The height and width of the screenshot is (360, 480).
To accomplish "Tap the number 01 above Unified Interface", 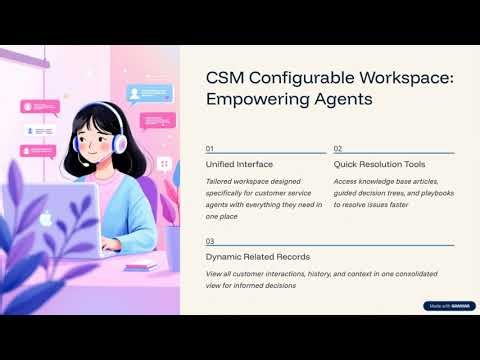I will (x=210, y=148).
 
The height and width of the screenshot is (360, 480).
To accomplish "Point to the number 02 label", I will (x=338, y=148).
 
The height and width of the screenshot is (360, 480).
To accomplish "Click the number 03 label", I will (x=210, y=241).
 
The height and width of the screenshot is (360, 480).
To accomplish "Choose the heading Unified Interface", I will (x=238, y=163).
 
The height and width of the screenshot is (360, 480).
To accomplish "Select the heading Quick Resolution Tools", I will (x=379, y=163).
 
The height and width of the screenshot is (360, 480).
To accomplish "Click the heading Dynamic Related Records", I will (x=257, y=257).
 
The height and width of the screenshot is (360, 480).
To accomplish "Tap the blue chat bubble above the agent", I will (x=150, y=94).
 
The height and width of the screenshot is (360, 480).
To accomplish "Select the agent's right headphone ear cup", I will (x=121, y=144).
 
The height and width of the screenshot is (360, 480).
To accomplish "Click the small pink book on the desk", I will (x=141, y=264).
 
